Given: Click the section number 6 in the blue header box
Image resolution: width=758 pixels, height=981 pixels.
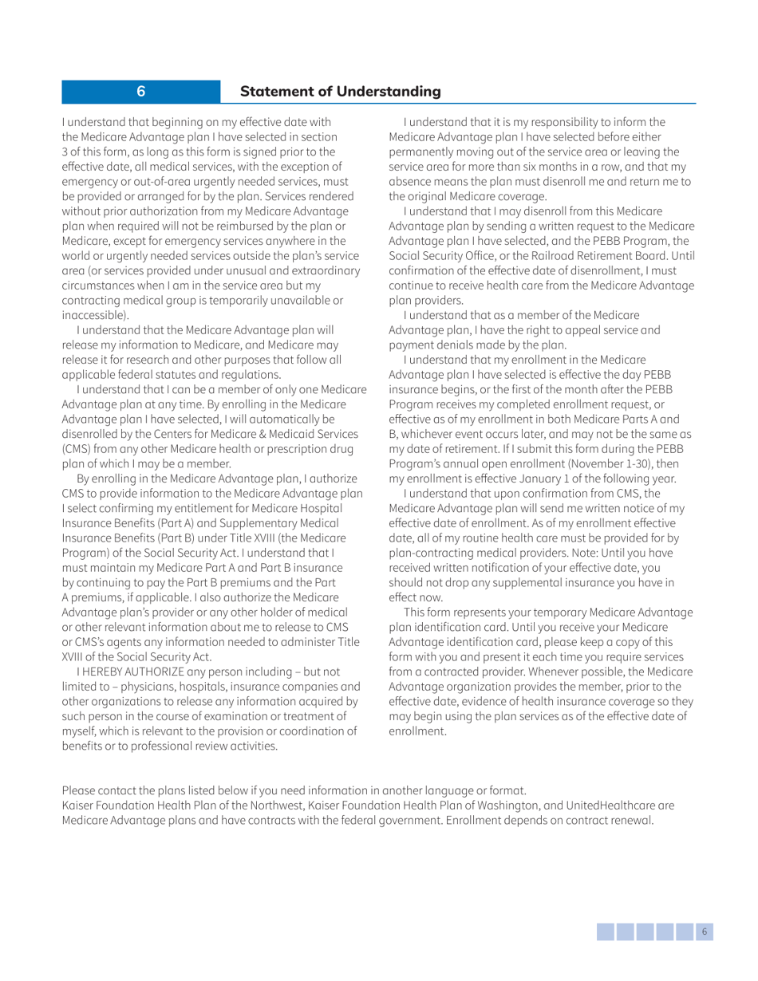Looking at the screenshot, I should [x=140, y=91].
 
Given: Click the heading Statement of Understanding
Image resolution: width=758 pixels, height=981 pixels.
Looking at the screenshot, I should [x=341, y=91].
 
